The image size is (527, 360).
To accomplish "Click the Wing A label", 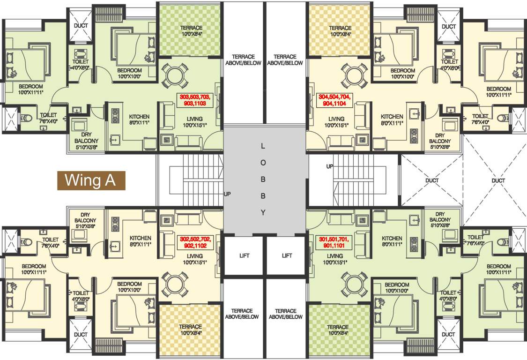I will [x=91, y=180].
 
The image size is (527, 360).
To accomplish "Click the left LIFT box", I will [x=244, y=255].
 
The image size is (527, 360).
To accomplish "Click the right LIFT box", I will [x=287, y=255].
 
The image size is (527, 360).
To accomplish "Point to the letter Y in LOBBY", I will [x=263, y=212].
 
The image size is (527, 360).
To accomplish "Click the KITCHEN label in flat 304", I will [x=392, y=117].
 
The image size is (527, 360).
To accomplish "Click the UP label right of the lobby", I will [x=329, y=166].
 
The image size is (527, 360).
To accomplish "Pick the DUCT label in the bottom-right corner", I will [x=448, y=334].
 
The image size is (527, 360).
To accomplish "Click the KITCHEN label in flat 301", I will [x=392, y=238].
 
